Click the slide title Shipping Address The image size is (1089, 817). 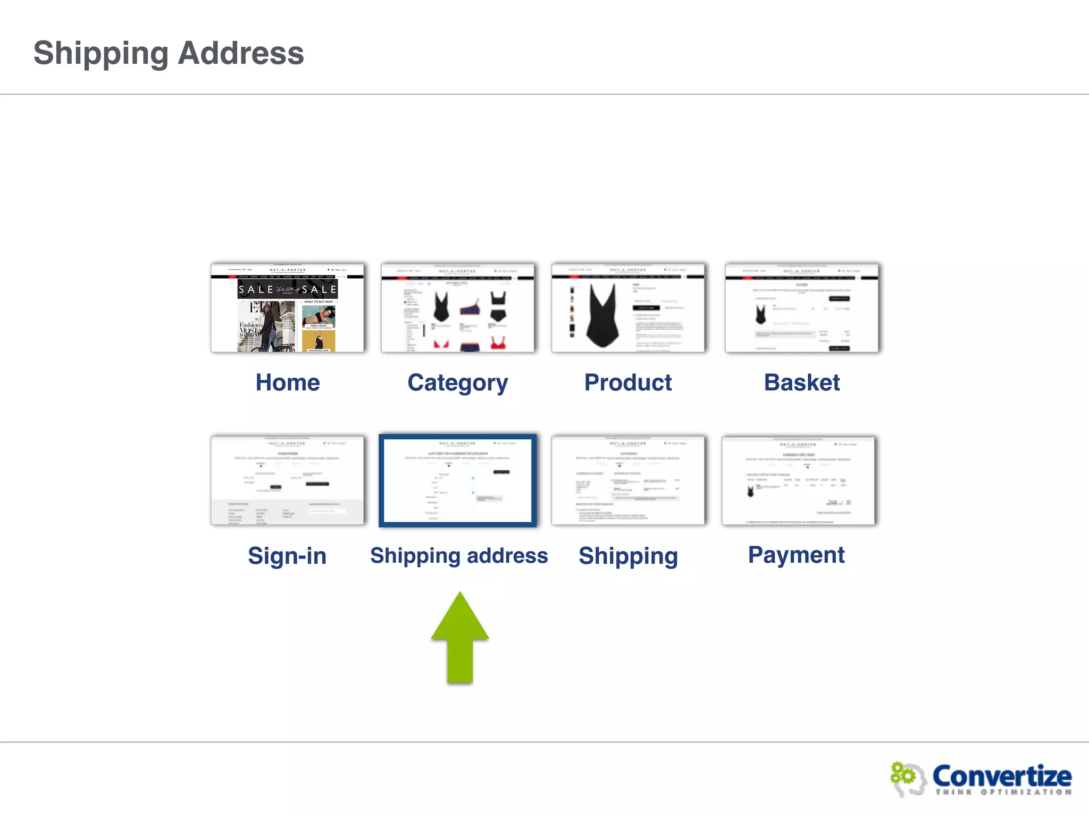coord(169,53)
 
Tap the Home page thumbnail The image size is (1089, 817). coord(287,308)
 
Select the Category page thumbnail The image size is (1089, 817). coord(458,308)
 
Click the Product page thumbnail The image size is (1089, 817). coord(628,308)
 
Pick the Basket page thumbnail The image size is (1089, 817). coord(801,308)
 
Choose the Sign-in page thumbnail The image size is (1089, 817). coord(287,480)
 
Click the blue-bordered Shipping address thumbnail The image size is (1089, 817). coord(458,480)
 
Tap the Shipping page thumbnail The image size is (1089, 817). coord(628,480)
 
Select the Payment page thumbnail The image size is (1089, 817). coord(798,480)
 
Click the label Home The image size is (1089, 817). coord(288,382)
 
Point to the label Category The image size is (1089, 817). coord(458,383)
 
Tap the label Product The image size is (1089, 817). coord(628,382)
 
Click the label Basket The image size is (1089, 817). coord(802,382)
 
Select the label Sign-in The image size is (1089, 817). coord(287,556)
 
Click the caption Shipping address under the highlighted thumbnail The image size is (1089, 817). coord(459,555)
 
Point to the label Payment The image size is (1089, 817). coord(796,555)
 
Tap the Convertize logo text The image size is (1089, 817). coord(1002,776)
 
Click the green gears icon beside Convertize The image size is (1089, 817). coord(904,776)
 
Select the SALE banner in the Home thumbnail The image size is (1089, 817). coord(287,289)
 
